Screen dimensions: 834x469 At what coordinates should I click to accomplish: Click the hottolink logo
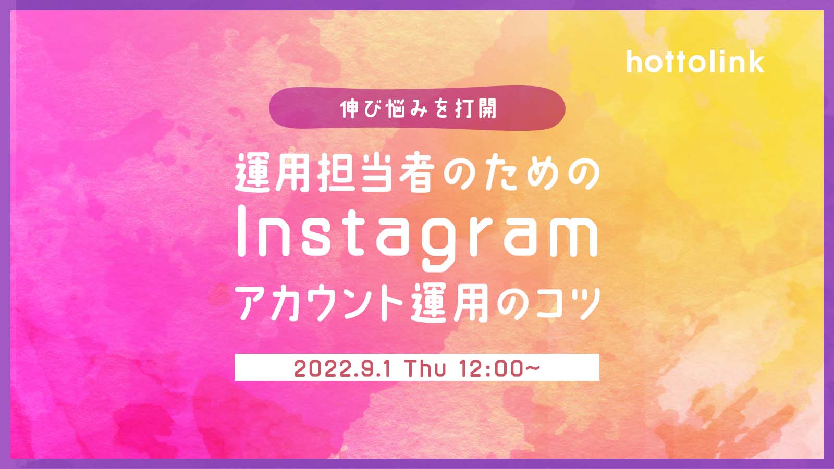point(695,62)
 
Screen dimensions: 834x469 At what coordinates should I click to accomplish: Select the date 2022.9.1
point(342,368)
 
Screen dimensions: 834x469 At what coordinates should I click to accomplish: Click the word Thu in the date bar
point(425,368)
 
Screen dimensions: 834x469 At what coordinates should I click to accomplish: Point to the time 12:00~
point(499,368)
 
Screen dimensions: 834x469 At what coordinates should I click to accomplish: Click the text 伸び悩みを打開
point(419,109)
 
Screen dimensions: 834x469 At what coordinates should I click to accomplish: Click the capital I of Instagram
point(242,231)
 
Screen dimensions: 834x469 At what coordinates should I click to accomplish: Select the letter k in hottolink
point(755,62)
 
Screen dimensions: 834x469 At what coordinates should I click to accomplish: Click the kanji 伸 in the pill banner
point(350,109)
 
